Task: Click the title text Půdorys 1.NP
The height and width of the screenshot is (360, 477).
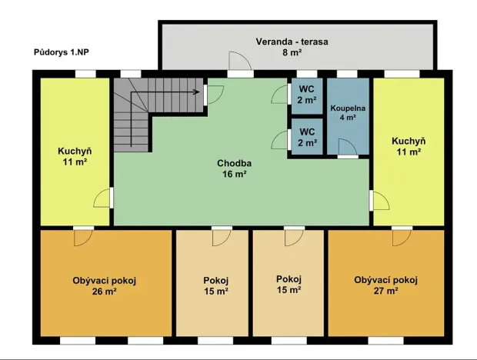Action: (x=61, y=52)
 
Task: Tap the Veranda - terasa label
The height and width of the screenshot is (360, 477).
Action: (x=292, y=42)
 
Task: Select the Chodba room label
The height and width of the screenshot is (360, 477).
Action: (x=234, y=163)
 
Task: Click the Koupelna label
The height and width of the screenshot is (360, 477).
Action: (x=348, y=108)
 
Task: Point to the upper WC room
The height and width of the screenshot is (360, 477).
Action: (x=307, y=96)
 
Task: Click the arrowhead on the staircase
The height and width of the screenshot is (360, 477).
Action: (x=198, y=92)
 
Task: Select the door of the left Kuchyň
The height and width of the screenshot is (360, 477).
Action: (x=102, y=198)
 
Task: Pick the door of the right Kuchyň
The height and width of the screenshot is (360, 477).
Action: (x=381, y=201)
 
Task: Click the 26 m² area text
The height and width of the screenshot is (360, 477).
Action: (x=105, y=292)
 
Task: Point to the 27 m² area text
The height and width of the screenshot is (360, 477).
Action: (x=386, y=291)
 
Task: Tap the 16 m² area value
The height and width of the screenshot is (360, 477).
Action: (x=234, y=174)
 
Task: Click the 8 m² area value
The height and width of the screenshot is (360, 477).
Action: (x=292, y=52)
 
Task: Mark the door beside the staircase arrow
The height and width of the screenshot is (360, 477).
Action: (x=215, y=95)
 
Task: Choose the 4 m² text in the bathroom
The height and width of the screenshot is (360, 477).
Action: (x=348, y=117)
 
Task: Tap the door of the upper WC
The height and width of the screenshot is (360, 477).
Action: (x=279, y=95)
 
